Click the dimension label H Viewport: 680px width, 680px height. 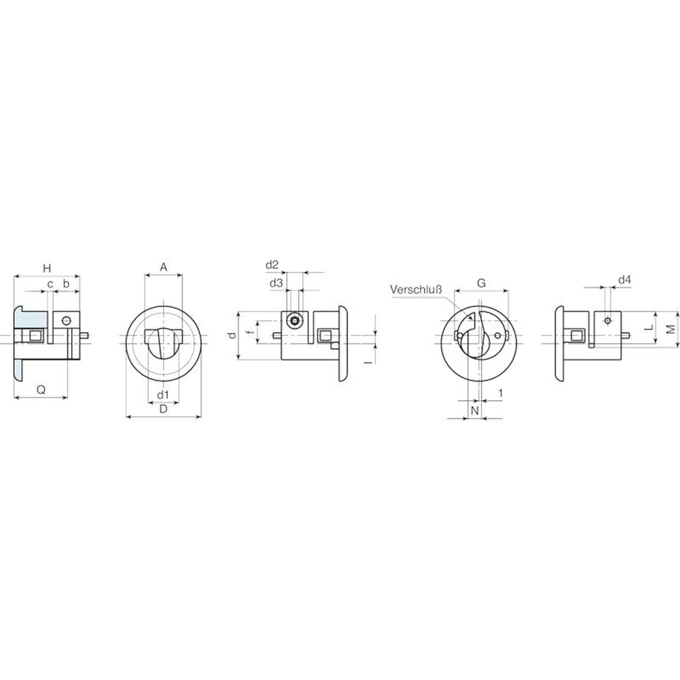pyautogui.click(x=47, y=268)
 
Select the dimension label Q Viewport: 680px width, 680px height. pyautogui.click(x=41, y=389)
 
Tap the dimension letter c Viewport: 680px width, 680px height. pyautogui.click(x=50, y=284)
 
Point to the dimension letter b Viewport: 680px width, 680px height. pyautogui.click(x=66, y=283)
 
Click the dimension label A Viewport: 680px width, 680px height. pyautogui.click(x=163, y=267)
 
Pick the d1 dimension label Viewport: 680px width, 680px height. pyautogui.click(x=163, y=395)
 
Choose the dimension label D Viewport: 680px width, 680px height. pyautogui.click(x=163, y=409)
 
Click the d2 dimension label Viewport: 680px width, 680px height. pyautogui.click(x=272, y=265)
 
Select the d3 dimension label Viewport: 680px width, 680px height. pyautogui.click(x=276, y=283)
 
